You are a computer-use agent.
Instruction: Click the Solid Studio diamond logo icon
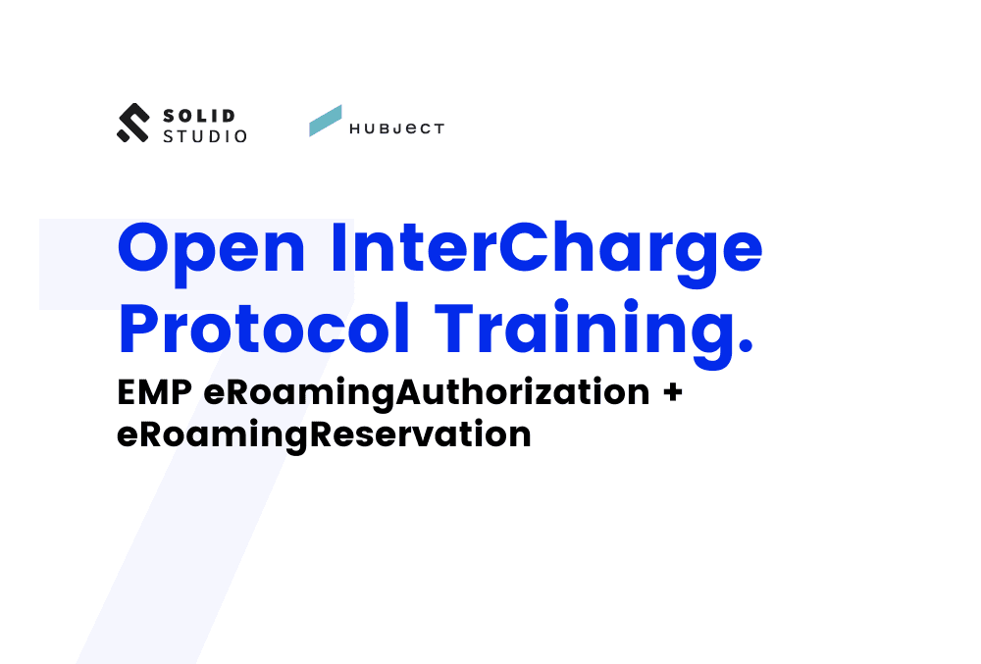pyautogui.click(x=132, y=123)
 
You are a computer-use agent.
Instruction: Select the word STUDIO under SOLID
pyautogui.click(x=205, y=136)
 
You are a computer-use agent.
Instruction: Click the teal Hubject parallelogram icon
pyautogui.click(x=325, y=121)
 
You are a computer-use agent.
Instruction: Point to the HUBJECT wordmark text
pyautogui.click(x=397, y=128)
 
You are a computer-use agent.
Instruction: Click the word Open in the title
pyautogui.click(x=212, y=249)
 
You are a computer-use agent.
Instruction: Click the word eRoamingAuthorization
pyautogui.click(x=427, y=392)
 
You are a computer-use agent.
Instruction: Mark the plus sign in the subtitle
pyautogui.click(x=672, y=392)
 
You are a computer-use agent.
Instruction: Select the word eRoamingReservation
pyautogui.click(x=324, y=433)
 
